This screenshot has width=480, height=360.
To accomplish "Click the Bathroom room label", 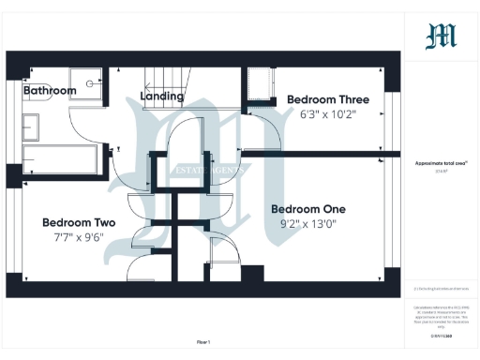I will point(50,91).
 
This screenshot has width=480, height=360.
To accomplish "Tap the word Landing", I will point(161,97).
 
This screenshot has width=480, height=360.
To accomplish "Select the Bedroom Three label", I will point(327,99).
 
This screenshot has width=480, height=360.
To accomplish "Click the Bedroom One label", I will point(308,209).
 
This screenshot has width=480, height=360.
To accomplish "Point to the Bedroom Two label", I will point(79,223).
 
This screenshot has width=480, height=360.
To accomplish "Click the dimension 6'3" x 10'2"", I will point(327,114).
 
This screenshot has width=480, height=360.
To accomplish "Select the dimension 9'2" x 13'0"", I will point(308,224).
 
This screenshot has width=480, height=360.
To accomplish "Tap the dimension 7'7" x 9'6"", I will point(79,238).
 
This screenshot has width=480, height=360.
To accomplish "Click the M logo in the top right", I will point(441,37).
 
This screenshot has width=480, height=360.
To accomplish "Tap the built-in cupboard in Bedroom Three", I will point(256,89).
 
